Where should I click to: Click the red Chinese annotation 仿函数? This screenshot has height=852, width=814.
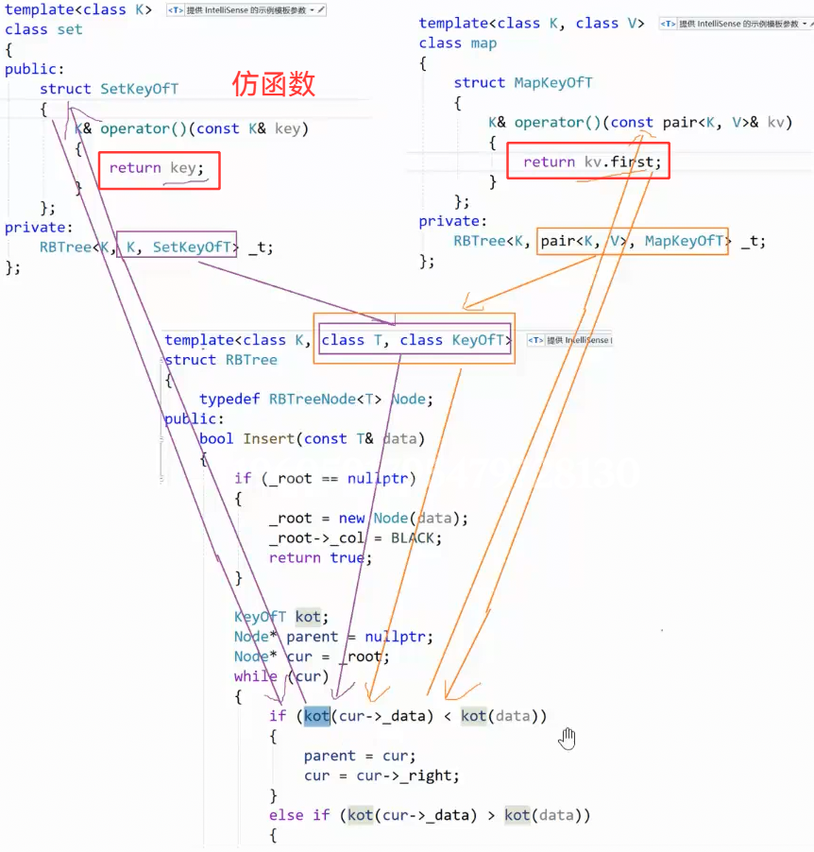pos(274,85)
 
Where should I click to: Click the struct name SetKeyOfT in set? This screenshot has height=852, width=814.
pos(140,89)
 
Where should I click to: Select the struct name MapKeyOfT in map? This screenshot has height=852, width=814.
pos(553,83)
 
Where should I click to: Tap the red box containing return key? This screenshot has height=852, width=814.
pos(159,170)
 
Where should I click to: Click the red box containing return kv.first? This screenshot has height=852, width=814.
pos(589,162)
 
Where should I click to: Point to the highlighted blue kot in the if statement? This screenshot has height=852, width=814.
pos(317,716)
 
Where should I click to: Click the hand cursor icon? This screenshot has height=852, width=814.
pos(567,738)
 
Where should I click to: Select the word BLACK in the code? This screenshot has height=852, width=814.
pos(416,537)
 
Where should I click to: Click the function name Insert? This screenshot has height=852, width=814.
pos(268,438)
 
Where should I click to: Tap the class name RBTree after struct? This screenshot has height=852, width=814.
pos(251,360)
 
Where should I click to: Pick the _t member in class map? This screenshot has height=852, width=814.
pos(753,241)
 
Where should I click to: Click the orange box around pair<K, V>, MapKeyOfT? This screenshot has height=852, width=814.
pos(633,242)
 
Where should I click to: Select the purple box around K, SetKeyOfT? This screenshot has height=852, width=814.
pos(178,247)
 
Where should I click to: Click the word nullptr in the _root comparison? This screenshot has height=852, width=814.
pos(382,478)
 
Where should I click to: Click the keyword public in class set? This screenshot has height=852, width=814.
pos(32,69)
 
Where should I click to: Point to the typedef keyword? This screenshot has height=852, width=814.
pos(229,399)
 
